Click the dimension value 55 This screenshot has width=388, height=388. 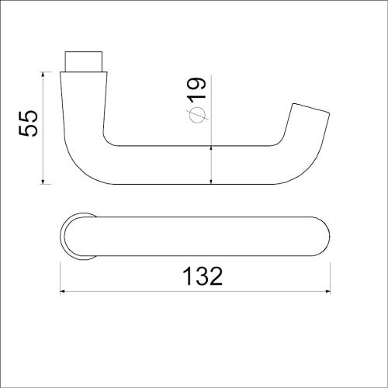pos(28,122)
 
